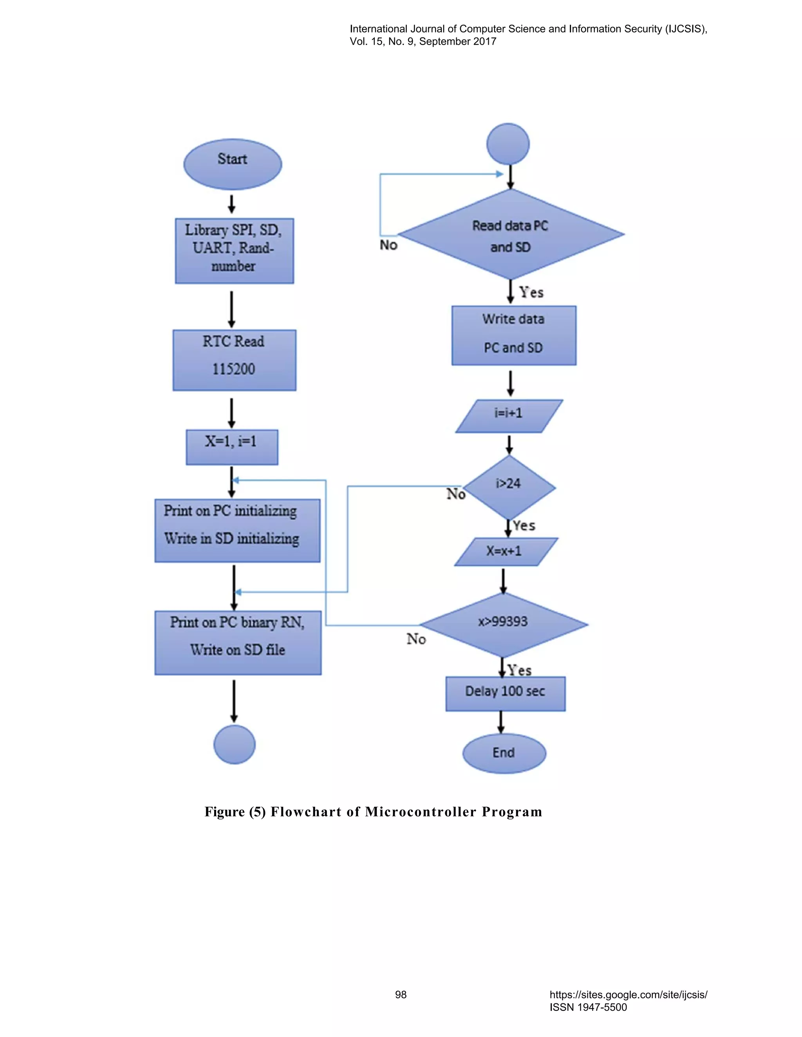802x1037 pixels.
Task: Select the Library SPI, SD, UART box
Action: (234, 251)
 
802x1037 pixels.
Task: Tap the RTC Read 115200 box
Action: (234, 360)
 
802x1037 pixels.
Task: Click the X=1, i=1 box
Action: (232, 447)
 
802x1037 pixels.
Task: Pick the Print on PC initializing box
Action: (237, 530)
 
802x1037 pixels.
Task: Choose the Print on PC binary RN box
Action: (238, 643)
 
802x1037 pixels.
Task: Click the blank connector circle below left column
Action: (234, 744)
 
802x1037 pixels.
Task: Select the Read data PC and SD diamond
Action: (510, 234)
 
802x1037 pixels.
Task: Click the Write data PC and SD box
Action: (514, 335)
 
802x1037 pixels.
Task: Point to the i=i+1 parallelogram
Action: (509, 416)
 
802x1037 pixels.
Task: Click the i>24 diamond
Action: (509, 487)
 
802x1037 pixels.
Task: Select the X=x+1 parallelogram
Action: (506, 551)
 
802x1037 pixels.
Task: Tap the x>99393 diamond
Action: (503, 625)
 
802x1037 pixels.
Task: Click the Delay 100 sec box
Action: (505, 693)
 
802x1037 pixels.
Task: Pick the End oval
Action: (504, 753)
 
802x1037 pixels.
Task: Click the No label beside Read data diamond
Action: (388, 245)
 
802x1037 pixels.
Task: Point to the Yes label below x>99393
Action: (519, 670)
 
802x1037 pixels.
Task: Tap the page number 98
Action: (401, 994)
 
